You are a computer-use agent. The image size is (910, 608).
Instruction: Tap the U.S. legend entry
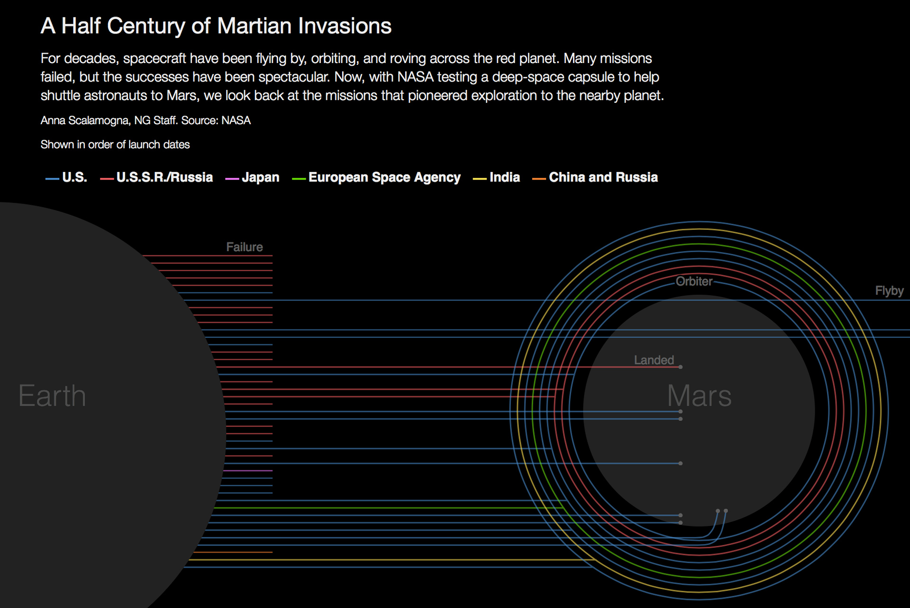66,177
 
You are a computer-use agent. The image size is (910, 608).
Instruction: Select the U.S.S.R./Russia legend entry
156,177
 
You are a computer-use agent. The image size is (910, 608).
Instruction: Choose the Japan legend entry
252,177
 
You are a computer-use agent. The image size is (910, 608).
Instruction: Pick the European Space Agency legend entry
376,177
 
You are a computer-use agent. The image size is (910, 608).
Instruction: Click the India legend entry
496,177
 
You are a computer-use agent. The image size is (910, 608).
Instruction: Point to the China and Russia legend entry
595,177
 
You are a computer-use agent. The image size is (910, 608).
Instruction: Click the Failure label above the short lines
244,247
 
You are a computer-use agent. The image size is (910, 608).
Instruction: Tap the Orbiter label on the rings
694,281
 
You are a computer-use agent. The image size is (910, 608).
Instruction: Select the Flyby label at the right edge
889,290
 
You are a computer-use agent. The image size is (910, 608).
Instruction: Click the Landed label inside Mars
654,360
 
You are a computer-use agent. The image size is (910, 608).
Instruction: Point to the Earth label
52,396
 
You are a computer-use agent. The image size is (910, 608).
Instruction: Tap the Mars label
699,396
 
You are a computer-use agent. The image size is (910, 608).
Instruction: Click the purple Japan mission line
247,471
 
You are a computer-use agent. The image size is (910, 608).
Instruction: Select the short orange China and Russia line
233,552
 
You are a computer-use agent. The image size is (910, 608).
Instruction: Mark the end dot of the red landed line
681,367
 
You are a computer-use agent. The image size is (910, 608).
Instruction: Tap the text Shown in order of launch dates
115,145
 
